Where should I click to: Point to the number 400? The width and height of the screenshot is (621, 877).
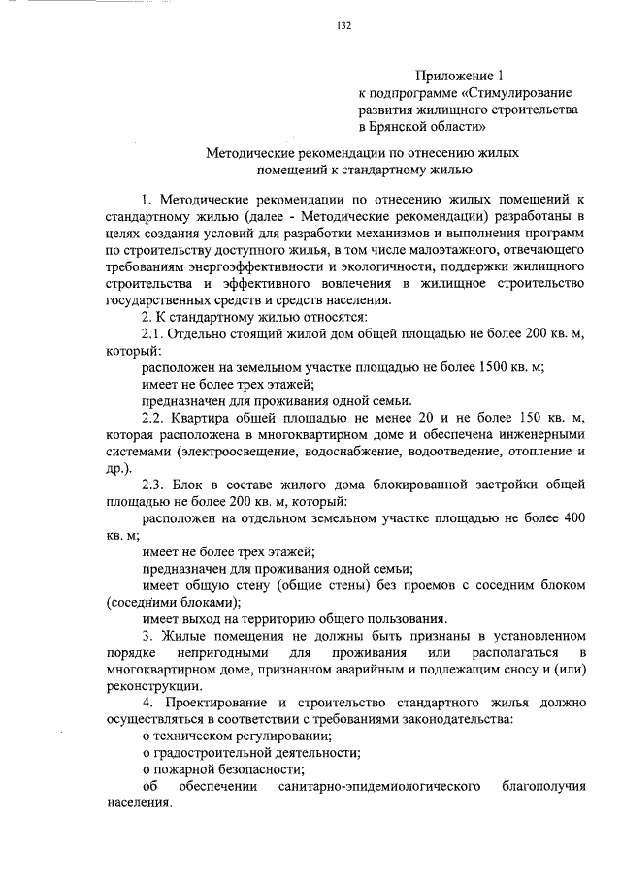tap(573, 518)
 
